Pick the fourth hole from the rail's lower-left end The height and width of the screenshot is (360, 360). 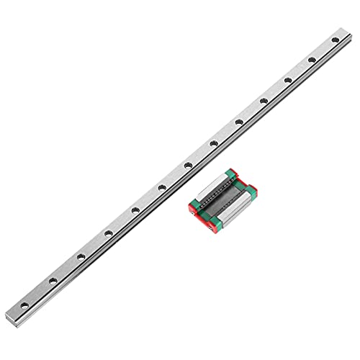(107, 233)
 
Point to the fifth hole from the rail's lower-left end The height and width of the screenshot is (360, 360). (134, 210)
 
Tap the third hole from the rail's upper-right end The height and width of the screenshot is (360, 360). (288, 79)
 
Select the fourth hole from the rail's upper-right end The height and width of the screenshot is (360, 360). (264, 100)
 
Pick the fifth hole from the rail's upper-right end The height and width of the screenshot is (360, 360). (238, 122)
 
